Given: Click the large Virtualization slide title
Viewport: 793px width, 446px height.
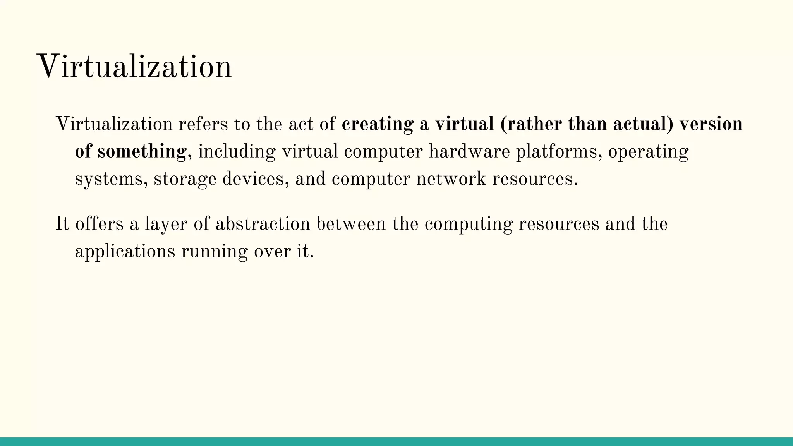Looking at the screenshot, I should (134, 67).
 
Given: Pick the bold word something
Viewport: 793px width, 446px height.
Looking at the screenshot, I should (142, 151).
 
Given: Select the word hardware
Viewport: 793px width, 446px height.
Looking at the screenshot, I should (469, 151).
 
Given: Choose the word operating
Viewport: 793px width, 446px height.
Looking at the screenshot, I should (648, 151).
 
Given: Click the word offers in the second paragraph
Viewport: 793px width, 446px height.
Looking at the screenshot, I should (99, 224).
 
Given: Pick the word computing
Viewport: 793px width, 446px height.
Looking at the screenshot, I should (469, 224).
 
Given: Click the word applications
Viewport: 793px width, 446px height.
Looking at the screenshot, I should (125, 252).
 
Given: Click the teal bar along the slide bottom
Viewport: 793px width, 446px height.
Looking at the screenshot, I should (396, 442).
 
